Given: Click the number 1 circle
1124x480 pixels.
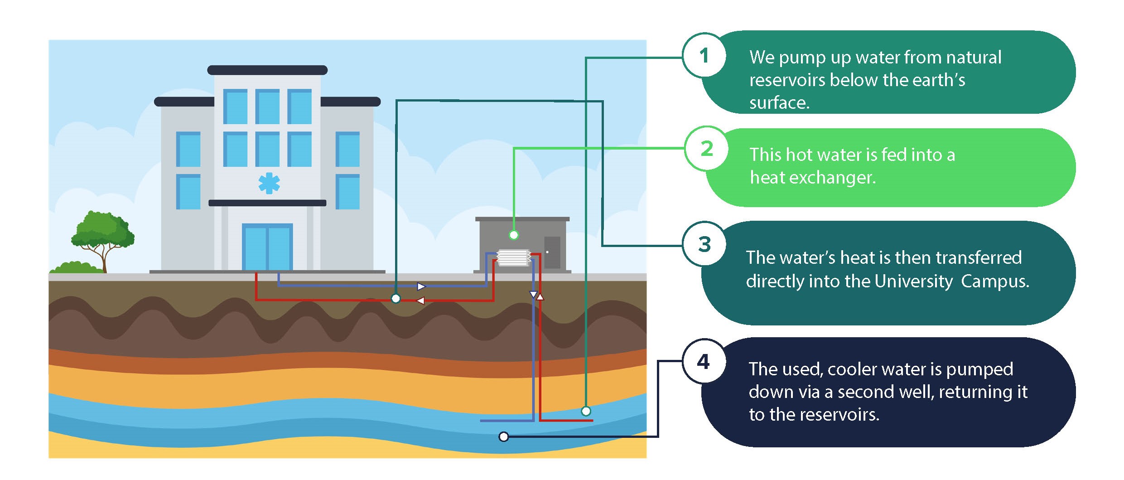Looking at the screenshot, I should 704,56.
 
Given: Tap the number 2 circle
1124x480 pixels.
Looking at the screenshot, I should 706,149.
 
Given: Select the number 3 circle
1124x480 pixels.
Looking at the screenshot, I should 704,244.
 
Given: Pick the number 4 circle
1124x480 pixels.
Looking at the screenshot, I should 704,362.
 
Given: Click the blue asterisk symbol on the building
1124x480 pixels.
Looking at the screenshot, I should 269,183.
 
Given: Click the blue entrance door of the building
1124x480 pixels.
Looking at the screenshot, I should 267,247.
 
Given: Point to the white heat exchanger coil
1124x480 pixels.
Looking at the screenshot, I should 513,257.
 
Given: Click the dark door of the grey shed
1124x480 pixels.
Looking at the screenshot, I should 552,252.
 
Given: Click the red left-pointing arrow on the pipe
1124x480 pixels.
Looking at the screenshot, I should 420,301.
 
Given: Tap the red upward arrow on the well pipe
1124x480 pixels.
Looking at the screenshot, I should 540,297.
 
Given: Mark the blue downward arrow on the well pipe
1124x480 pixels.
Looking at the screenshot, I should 533,295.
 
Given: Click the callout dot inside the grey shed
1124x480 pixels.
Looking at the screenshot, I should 513,235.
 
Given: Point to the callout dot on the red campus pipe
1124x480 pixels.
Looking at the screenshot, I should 396,299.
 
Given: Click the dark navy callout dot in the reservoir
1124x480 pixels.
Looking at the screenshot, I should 503,437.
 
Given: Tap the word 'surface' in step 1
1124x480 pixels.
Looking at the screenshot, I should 778,103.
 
